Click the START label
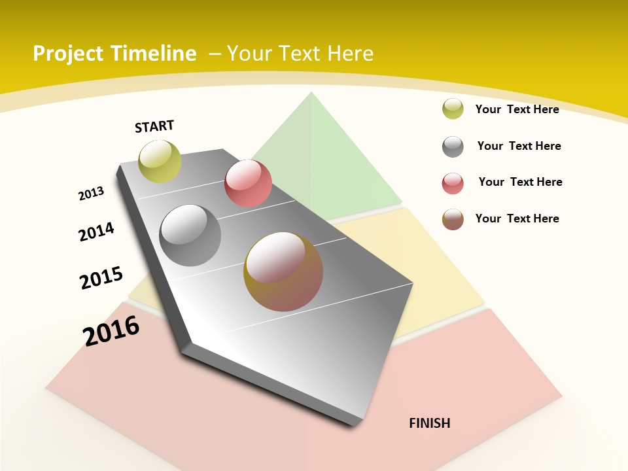(154, 126)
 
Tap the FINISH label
(429, 423)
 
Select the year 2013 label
(91, 194)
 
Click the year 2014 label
(96, 232)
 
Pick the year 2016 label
(111, 331)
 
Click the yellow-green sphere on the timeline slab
(160, 162)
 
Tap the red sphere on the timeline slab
(248, 183)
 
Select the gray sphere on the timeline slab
(190, 235)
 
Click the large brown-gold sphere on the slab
(283, 271)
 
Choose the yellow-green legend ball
(453, 109)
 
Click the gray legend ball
(453, 147)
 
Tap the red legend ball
(453, 183)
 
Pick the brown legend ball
(453, 219)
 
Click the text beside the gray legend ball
(519, 146)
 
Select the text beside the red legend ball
(520, 182)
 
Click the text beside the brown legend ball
(517, 218)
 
